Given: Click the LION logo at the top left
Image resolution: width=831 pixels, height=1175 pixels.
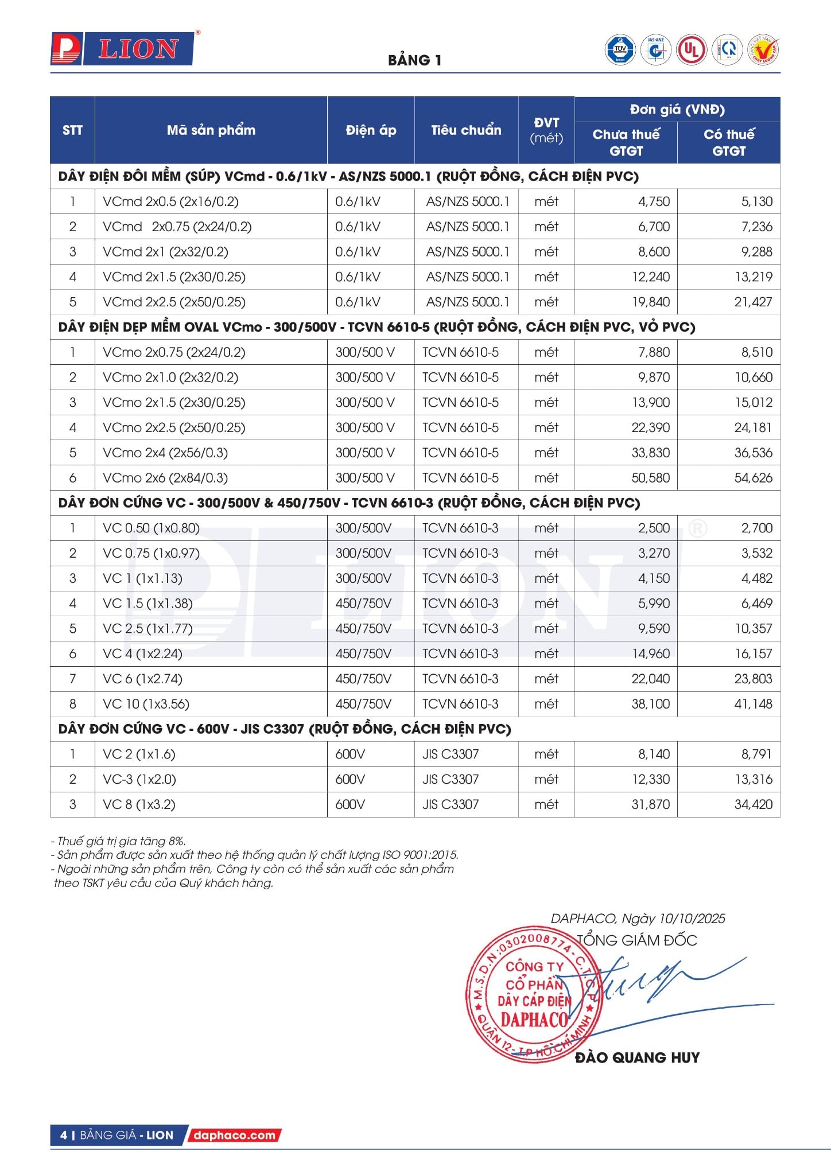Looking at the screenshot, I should [x=122, y=49].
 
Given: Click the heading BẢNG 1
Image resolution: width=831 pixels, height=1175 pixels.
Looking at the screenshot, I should [x=414, y=60].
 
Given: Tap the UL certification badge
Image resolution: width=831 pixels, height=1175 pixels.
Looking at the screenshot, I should [x=691, y=50].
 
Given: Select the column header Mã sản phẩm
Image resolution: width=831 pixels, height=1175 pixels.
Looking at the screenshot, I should [x=211, y=130].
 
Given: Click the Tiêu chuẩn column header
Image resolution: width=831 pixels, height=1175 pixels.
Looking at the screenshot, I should [x=466, y=130].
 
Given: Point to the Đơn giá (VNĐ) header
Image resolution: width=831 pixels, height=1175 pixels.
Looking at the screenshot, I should [x=677, y=109].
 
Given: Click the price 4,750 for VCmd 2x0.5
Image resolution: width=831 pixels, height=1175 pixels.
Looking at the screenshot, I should [x=654, y=201].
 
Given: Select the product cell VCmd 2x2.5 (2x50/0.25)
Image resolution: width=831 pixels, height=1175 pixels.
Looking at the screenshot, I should [x=174, y=302].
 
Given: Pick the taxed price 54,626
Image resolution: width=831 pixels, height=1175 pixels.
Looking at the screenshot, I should [x=753, y=477].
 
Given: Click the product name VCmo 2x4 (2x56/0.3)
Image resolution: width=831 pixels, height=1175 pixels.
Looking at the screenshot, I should [x=165, y=453].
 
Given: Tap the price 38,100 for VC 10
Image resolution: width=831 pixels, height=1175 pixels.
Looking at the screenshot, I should [x=650, y=703].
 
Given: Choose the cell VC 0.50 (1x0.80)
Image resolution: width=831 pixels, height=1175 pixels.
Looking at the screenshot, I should [x=151, y=528].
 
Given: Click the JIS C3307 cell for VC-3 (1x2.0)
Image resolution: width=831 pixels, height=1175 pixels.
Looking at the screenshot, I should [x=451, y=779].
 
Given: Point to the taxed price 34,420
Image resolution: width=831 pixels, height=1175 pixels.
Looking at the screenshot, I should [x=753, y=804].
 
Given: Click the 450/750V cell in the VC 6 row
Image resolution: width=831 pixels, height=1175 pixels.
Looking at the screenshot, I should [x=363, y=679].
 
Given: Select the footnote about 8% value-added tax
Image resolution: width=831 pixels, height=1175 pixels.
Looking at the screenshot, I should [x=118, y=841].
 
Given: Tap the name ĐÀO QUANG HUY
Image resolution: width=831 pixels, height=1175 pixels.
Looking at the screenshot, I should [x=637, y=1057].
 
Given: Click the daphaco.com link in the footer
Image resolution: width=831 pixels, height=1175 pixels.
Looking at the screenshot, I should [x=234, y=1135].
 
